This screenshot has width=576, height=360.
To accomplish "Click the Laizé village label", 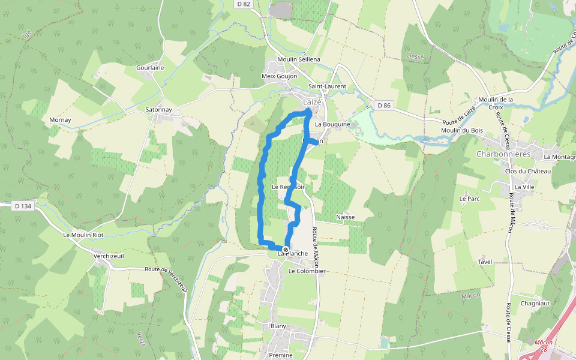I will tap(312, 101).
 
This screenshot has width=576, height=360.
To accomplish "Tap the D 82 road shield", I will tap(243, 4).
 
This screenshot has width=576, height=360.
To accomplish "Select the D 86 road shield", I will tap(384, 106).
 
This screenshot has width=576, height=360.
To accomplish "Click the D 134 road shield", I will tap(22, 206).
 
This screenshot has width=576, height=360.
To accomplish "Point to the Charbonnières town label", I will tap(504, 153).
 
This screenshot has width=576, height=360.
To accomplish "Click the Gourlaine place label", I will tap(150, 68).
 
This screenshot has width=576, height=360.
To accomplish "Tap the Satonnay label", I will tap(158, 110).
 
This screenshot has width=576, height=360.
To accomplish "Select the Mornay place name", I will tap(60, 120).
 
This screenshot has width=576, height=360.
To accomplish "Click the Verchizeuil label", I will tap(109, 256).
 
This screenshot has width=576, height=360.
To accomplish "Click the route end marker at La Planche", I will tap(286, 250).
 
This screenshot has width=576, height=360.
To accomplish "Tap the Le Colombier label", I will tap(307, 271).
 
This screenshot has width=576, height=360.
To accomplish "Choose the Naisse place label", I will tap(346, 217).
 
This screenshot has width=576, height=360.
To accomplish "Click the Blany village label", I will tap(278, 326).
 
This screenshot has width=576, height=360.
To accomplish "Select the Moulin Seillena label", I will tap(299, 59).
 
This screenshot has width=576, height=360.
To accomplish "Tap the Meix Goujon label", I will tap(280, 76).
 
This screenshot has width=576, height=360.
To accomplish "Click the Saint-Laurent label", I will tap(327, 86).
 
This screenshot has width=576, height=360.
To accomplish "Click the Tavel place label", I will tap(485, 262).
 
